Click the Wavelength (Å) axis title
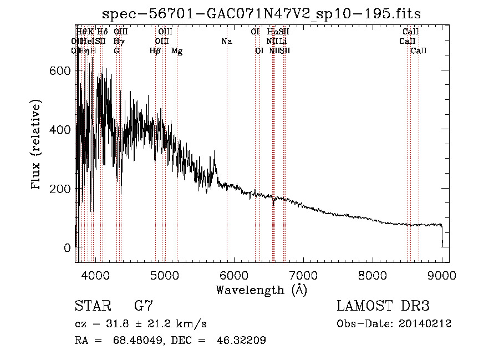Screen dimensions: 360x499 tap(261, 290)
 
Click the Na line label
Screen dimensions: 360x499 tap(226, 41)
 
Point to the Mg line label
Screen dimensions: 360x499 tap(177, 51)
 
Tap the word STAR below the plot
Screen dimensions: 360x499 tap(92, 306)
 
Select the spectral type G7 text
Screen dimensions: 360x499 tap(143, 306)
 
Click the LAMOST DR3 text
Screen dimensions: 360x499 tap(383, 306)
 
